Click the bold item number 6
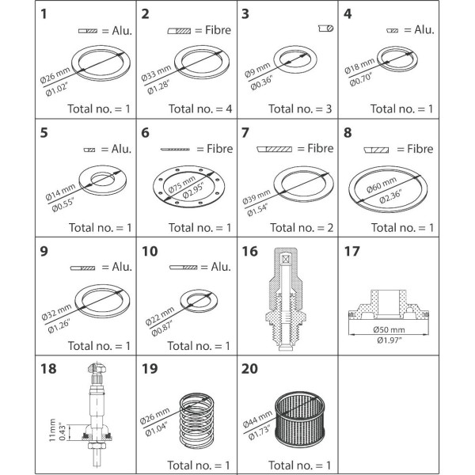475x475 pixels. point(145,133)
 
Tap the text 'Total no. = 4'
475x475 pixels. point(200,108)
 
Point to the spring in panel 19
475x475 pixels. point(196,420)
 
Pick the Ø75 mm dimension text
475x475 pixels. point(182,184)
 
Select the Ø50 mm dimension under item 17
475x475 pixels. point(389,329)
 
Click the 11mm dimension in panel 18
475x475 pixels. point(53,430)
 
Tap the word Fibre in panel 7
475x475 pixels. point(320,148)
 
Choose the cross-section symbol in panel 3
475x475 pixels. point(326,28)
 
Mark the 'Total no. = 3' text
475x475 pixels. point(300,108)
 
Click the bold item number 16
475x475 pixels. point(249,252)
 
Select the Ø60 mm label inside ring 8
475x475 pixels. point(382,184)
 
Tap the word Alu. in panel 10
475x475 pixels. point(221,267)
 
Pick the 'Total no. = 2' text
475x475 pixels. point(302,227)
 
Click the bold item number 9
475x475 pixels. point(44,252)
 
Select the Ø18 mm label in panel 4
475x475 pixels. point(359,66)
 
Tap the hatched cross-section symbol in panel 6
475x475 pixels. point(175,150)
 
